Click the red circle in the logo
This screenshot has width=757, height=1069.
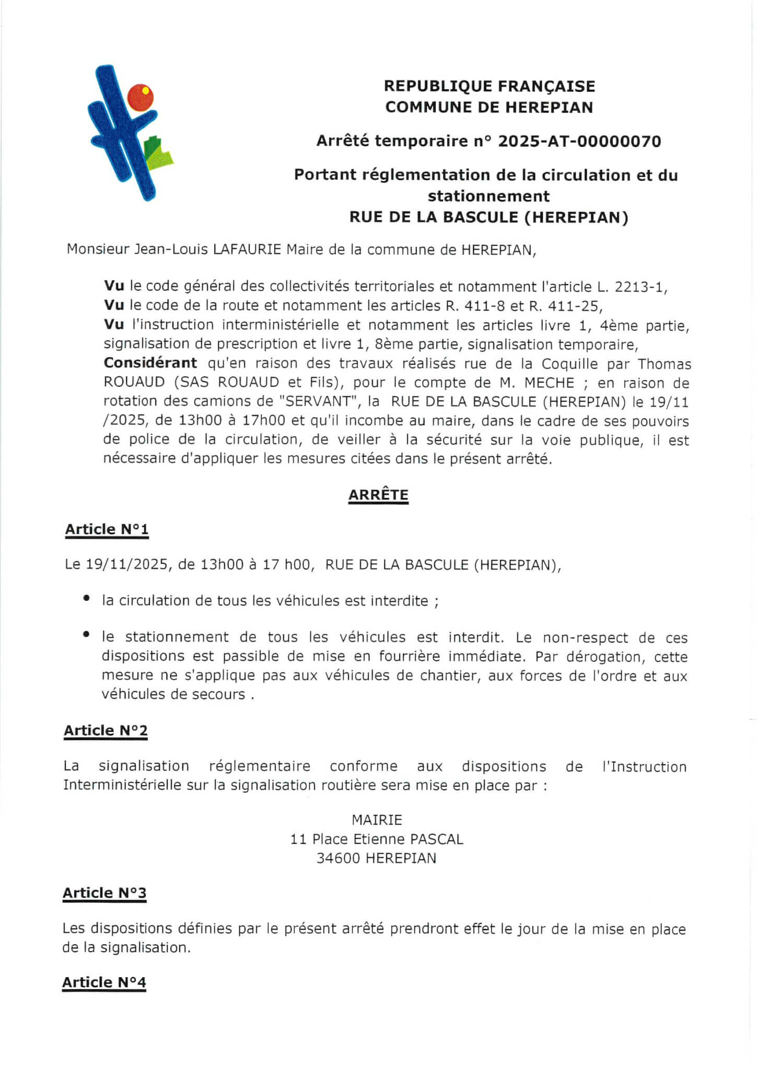[140, 97]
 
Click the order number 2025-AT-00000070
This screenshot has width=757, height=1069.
[579, 141]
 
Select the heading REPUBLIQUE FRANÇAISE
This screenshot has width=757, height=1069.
[490, 86]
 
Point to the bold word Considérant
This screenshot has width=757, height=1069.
[150, 363]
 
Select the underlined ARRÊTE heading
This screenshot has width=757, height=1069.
[378, 495]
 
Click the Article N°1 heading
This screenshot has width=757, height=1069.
[107, 529]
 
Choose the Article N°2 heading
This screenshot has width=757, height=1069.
[106, 730]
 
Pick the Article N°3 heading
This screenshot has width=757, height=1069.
[104, 893]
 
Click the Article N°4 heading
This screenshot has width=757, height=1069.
[104, 982]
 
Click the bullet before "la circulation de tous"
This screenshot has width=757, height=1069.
[86, 599]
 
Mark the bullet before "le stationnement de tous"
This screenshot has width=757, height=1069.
[86, 635]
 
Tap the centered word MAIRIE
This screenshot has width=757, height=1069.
[377, 820]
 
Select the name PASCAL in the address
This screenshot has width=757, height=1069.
[437, 839]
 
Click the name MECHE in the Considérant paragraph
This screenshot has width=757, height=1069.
[549, 383]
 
